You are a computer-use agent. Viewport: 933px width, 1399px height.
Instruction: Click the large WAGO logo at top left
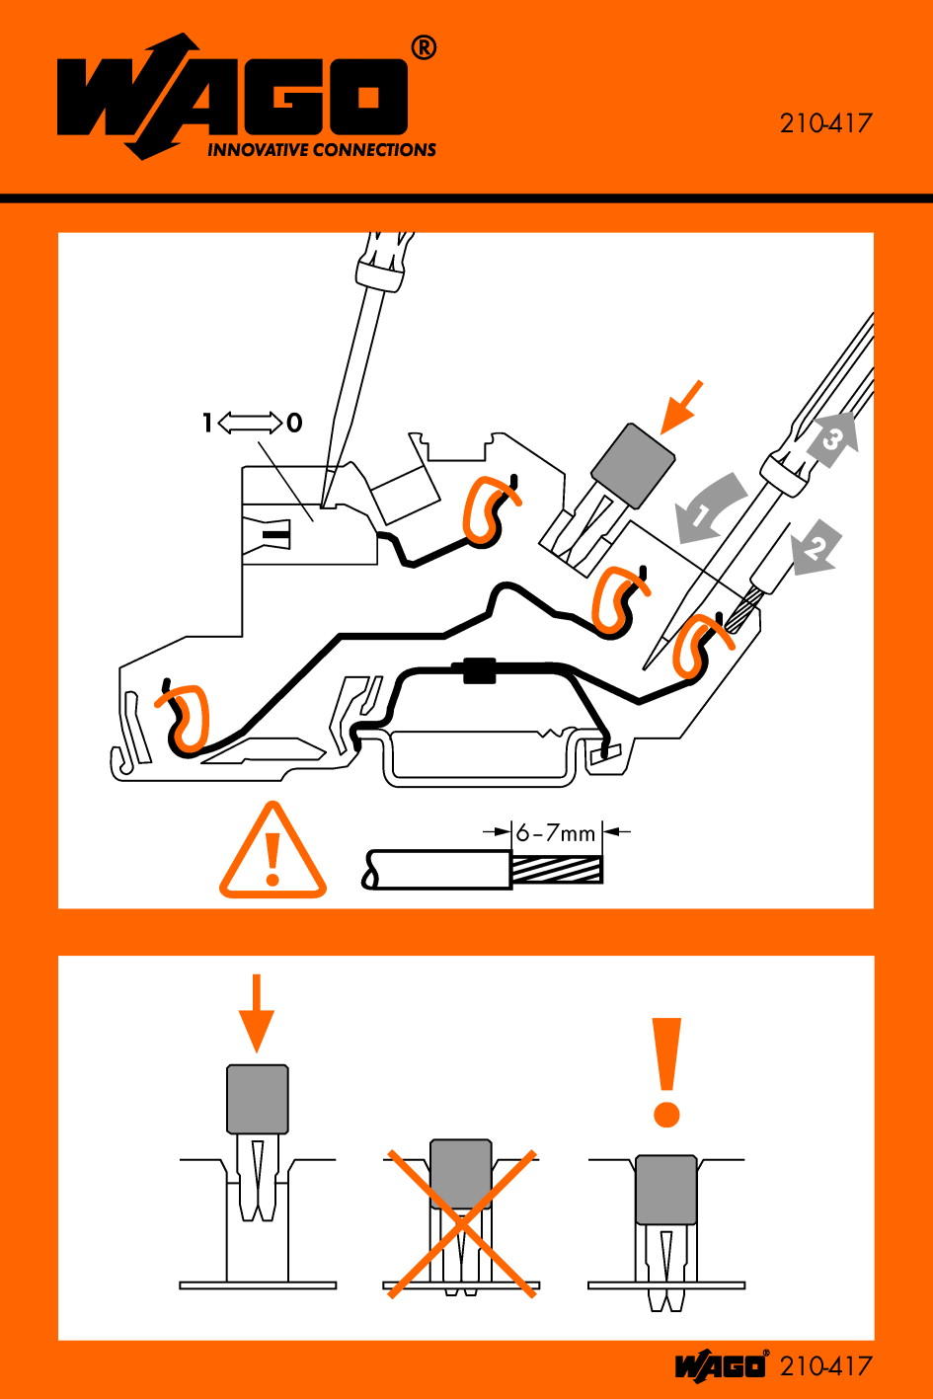232,97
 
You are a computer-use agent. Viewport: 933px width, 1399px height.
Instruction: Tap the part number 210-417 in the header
824,123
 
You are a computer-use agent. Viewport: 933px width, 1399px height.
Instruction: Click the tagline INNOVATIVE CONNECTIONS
321,150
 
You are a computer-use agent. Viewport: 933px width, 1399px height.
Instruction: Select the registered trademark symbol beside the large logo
424,48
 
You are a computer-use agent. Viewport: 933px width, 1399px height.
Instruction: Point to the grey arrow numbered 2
816,545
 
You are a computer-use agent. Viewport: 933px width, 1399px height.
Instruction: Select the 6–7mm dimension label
555,832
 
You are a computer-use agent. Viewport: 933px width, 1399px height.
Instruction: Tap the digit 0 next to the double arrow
294,423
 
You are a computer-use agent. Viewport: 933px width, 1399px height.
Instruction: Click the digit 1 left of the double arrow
207,423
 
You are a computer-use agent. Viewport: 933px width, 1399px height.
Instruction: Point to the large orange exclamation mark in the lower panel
665,1073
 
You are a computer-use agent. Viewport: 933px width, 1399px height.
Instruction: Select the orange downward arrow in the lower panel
256,1013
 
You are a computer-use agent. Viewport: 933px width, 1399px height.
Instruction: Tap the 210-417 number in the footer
825,1366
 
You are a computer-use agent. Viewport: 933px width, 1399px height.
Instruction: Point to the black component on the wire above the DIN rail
480,670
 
